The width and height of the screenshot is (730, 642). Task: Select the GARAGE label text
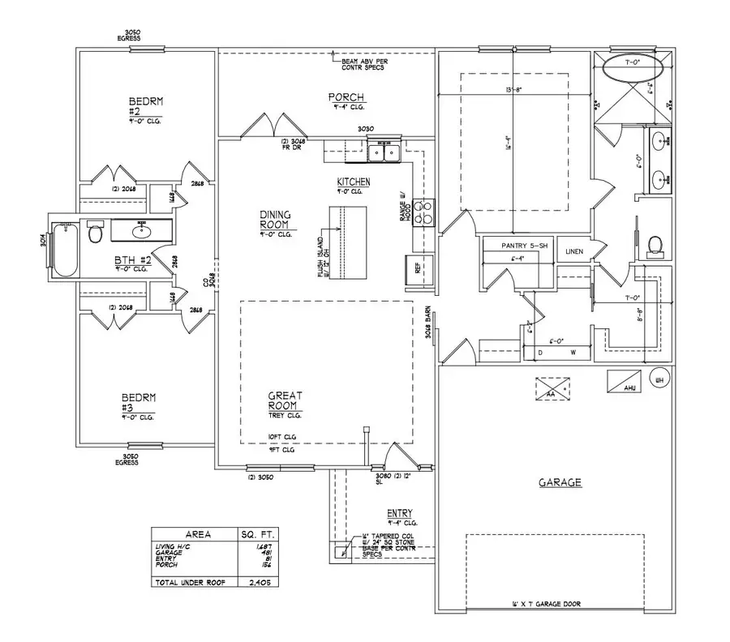click(560, 482)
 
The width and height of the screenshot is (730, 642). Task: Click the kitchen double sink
click(383, 152)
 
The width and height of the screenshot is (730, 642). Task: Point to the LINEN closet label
click(574, 251)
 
